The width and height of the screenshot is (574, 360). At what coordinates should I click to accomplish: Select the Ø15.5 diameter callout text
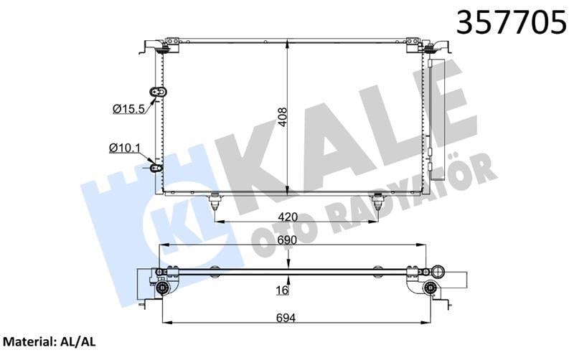pos(129,108)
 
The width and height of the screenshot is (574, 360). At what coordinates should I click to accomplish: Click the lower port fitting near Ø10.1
pos(156,168)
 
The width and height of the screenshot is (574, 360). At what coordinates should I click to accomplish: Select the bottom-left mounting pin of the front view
pos(215,201)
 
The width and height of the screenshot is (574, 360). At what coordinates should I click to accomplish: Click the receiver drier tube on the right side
pos(430,108)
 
